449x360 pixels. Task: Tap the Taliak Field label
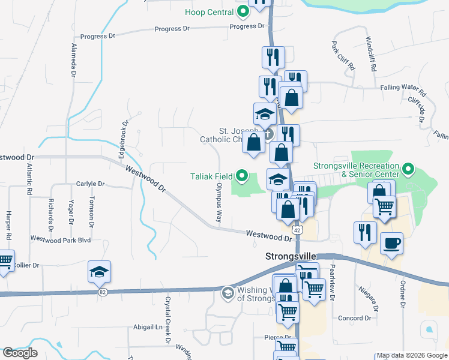(x=212, y=176)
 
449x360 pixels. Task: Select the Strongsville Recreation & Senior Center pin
(x=408, y=169)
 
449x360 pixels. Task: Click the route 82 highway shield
(x=103, y=292)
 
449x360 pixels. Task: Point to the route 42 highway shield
(x=297, y=230)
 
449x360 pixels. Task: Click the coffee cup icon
(x=391, y=243)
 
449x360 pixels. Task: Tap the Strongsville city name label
(x=291, y=256)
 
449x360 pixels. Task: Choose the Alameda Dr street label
(x=74, y=60)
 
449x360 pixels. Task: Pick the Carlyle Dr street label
(x=91, y=184)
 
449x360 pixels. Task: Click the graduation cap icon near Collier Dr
(x=99, y=272)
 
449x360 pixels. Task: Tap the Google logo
(x=20, y=353)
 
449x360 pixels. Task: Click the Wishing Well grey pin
(x=228, y=293)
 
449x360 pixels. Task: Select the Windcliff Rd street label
(x=370, y=55)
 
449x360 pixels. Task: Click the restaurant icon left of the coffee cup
(x=365, y=232)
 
